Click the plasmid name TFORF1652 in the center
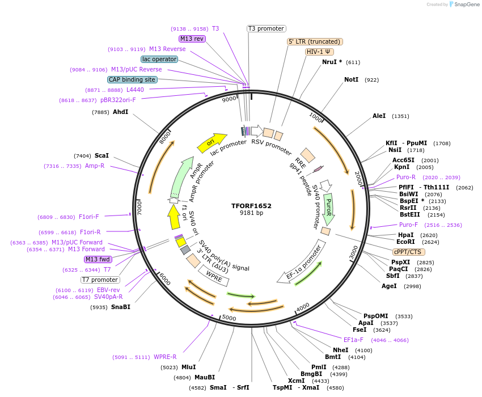click(251, 206)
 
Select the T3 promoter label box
click(267, 28)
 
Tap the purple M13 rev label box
click(192, 39)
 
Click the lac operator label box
click(159, 59)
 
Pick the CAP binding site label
click(132, 79)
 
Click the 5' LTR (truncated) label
click(315, 41)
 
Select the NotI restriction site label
click(352, 79)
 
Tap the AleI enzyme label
click(379, 116)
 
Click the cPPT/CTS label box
click(408, 252)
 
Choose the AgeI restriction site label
click(389, 286)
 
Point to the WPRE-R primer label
click(165, 357)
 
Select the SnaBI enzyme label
click(120, 307)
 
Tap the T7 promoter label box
click(100, 280)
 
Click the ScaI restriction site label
click(102, 155)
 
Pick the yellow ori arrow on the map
click(212, 143)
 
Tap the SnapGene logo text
click(466, 5)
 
